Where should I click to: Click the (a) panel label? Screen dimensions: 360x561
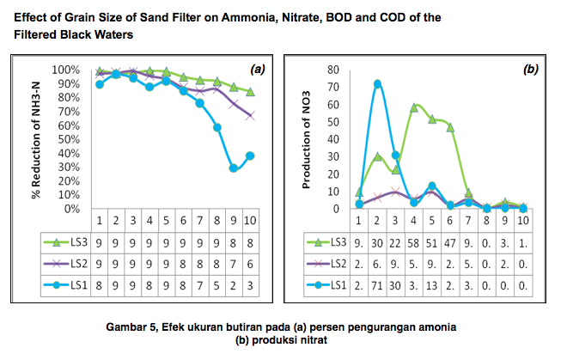click(256, 69)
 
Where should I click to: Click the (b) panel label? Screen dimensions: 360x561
click(530, 69)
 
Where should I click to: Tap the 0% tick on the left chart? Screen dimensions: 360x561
click(72, 209)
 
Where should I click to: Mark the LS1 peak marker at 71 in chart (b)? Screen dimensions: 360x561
click(377, 84)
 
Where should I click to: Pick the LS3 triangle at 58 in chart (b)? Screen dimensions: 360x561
click(414, 107)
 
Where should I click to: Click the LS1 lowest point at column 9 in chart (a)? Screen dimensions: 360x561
click(234, 168)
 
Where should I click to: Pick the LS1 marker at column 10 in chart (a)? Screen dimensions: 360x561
click(250, 156)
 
